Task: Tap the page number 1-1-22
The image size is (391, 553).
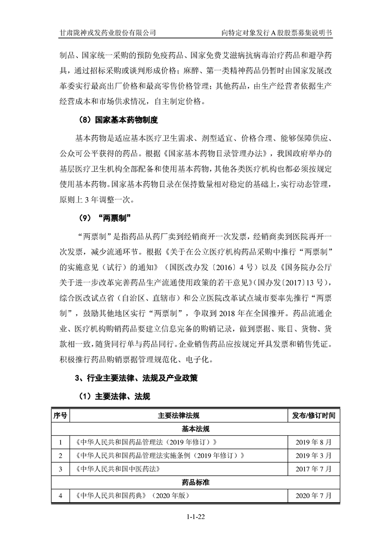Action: (x=196, y=516)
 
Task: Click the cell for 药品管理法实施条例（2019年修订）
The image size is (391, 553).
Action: (x=158, y=455)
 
